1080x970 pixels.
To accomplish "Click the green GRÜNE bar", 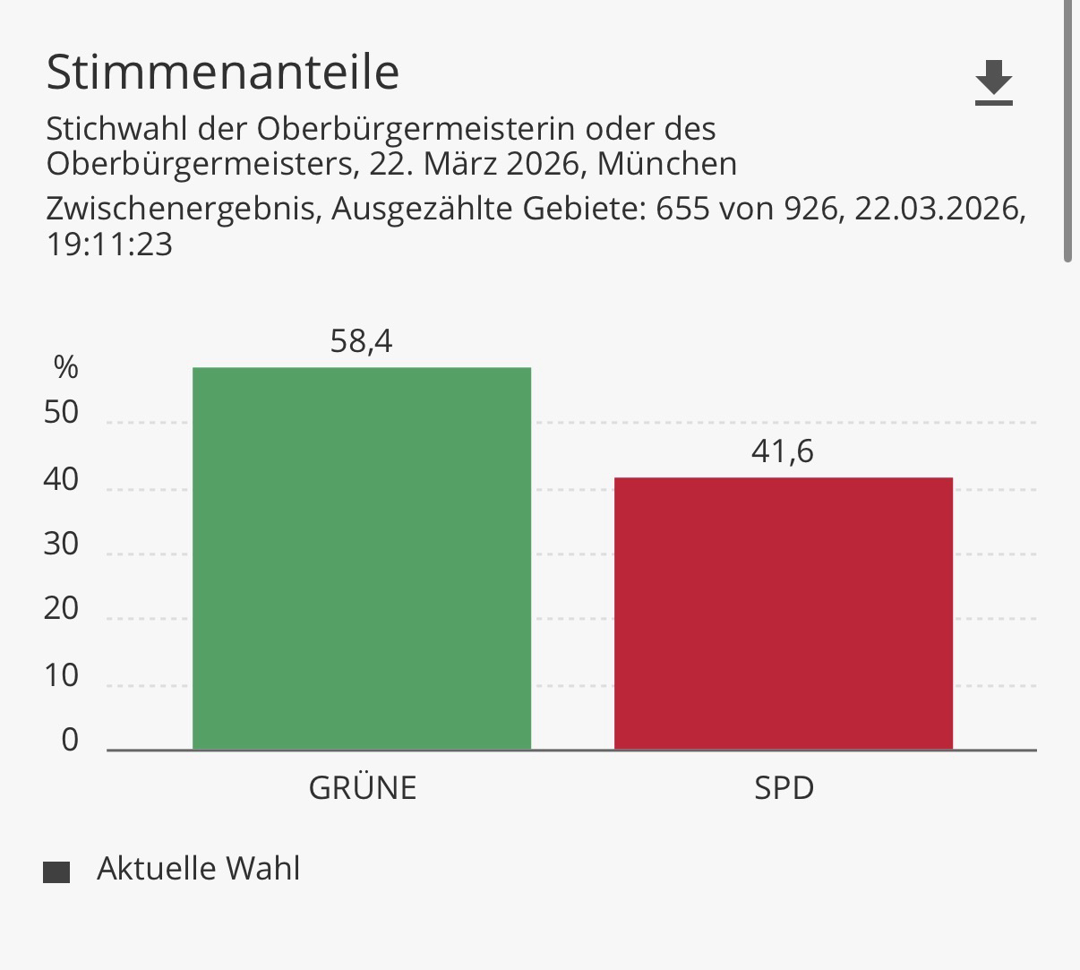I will [x=362, y=558].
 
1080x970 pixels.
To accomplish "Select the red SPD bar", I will [x=783, y=614].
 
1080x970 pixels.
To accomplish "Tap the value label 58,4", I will [x=361, y=341].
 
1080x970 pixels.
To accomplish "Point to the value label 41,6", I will [x=783, y=451].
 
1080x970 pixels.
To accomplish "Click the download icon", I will [x=993, y=83].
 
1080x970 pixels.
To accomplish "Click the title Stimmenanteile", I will [x=222, y=72].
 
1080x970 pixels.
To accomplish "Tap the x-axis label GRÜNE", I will [x=363, y=787].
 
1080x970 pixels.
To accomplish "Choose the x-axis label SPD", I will [x=784, y=787].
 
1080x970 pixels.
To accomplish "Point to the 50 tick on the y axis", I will [x=61, y=413].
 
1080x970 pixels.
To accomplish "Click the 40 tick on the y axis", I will [x=61, y=480].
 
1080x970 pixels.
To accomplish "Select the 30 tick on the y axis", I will [x=61, y=545].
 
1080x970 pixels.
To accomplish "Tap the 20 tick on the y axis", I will [x=61, y=609].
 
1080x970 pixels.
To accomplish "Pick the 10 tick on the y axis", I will [x=61, y=675].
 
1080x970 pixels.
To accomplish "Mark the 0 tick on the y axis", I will [x=70, y=740].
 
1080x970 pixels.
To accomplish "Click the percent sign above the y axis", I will [x=65, y=367].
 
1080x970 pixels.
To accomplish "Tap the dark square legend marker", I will [x=56, y=871].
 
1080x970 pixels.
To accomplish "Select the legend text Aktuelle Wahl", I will [x=198, y=869].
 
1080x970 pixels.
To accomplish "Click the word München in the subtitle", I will [x=668, y=164].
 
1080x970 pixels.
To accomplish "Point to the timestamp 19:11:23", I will [x=109, y=245].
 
